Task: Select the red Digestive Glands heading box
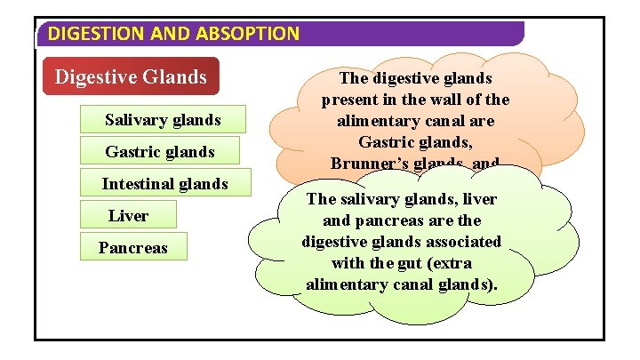pos(131,77)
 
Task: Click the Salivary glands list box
pos(163,119)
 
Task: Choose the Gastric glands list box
pos(160,152)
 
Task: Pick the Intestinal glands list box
pos(164,184)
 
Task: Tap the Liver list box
pos(129,216)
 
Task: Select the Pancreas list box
pos(132,248)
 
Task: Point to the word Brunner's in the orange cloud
pos(365,163)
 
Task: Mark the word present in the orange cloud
pos(353,99)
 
